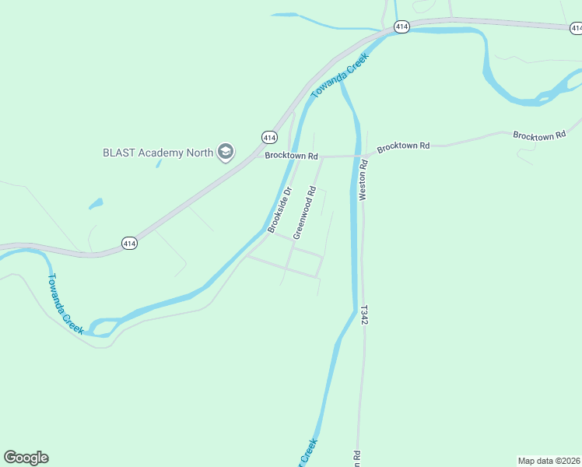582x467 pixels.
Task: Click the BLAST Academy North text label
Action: (158, 153)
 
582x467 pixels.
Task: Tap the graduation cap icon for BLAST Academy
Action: (226, 151)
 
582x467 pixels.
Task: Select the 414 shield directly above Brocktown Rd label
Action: (268, 137)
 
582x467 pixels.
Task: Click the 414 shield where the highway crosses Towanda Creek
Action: (401, 26)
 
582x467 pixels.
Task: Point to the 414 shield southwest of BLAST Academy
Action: (129, 244)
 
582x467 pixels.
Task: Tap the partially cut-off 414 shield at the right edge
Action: (577, 28)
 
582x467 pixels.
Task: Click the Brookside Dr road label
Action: (279, 210)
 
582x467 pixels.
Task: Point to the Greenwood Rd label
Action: (304, 212)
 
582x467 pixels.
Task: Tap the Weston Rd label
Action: (363, 181)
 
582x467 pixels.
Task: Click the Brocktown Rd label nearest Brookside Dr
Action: (292, 156)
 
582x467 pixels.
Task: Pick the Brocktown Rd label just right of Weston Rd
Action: (403, 146)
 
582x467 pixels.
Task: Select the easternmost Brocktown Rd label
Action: (538, 135)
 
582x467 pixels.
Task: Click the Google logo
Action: (26, 458)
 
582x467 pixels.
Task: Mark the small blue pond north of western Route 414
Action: (96, 204)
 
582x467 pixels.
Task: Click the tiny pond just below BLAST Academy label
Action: (158, 163)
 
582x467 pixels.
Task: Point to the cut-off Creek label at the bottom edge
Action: (309, 453)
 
